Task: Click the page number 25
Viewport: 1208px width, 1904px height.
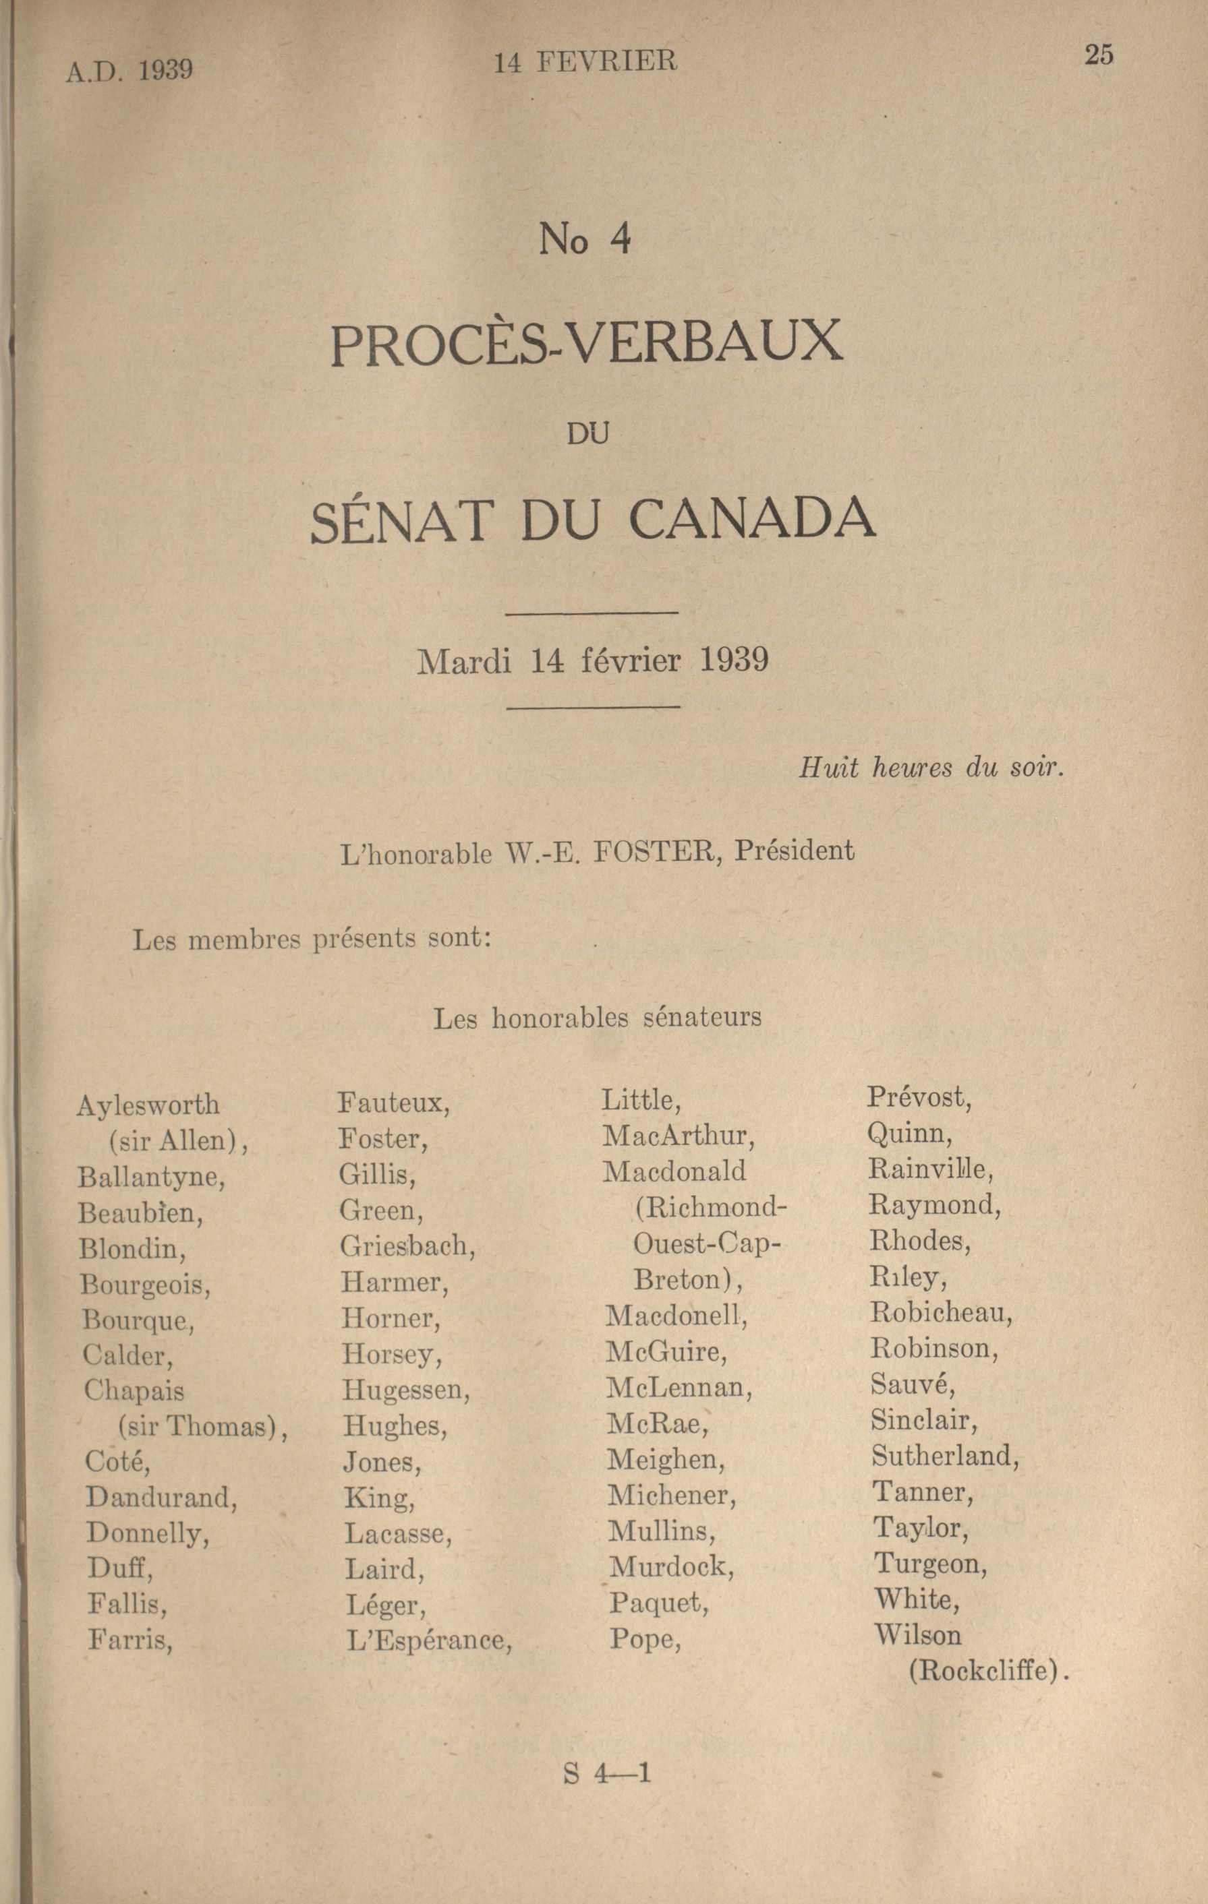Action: point(1099,55)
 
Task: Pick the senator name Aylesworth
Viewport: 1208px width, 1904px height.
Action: point(148,1105)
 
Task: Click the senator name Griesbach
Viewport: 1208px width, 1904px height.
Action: point(407,1247)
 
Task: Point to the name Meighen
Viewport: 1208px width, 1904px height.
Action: point(665,1460)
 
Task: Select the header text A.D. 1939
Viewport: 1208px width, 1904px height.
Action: point(129,71)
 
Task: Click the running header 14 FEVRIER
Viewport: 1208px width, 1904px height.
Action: point(585,63)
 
